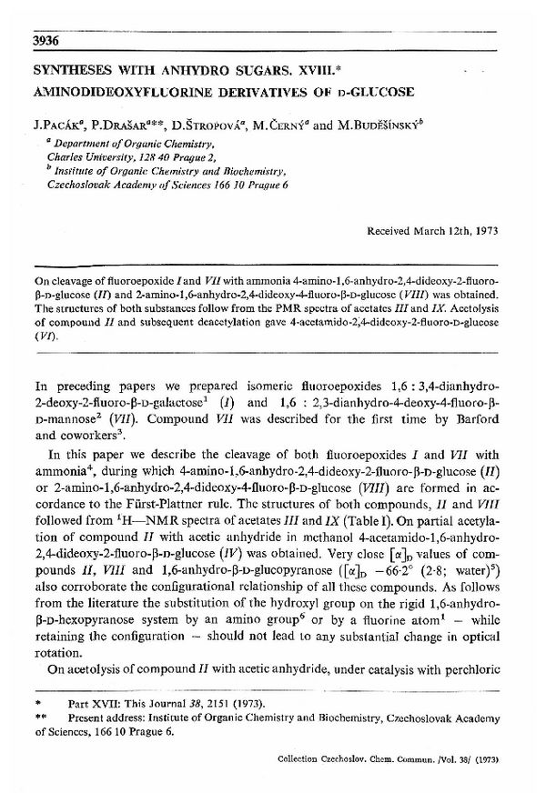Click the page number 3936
point(45,41)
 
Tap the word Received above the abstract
point(389,231)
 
